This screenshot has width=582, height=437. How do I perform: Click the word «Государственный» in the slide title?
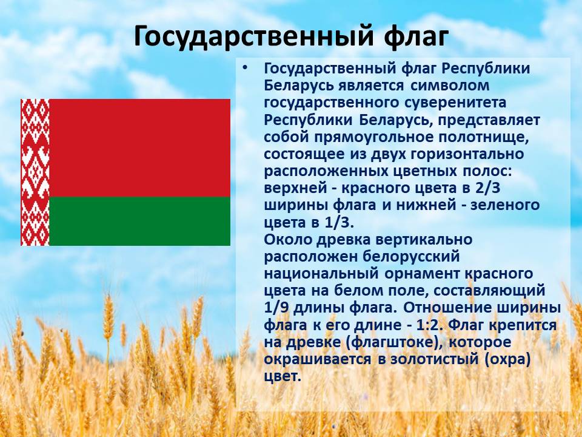tap(253, 36)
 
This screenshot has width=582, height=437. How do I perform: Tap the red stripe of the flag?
tap(139, 147)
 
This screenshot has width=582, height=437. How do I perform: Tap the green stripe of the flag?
tap(139, 221)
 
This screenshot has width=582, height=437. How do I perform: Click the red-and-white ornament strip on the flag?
tap(35, 172)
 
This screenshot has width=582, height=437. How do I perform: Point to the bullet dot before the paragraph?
tap(244, 69)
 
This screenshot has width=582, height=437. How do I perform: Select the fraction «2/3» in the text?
tap(487, 188)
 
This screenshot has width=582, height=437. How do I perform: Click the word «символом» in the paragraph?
tap(450, 86)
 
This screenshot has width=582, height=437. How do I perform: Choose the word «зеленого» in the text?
tap(505, 206)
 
